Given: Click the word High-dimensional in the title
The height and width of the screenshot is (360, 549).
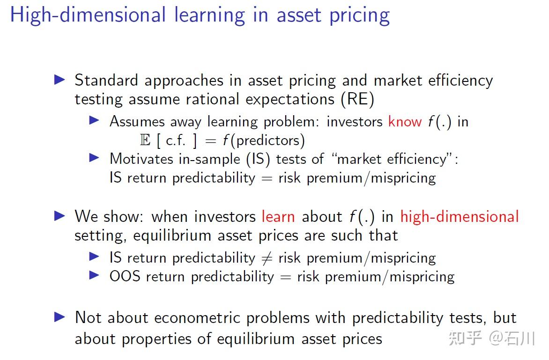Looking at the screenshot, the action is [88, 15].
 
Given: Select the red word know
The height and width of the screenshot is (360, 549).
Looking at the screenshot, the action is [405, 121].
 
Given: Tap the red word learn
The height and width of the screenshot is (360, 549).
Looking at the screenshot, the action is [278, 217].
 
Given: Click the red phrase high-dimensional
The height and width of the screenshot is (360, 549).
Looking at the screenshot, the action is [460, 217].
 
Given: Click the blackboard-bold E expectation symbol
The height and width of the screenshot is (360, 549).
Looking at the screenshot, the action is [145, 140].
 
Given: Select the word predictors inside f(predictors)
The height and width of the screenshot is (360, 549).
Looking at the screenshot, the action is [268, 140].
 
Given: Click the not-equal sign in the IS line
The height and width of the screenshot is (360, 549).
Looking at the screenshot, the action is [267, 258].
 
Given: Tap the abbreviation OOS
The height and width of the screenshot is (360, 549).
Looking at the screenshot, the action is [125, 276].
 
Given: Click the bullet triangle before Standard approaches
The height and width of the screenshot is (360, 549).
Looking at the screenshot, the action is [60, 80].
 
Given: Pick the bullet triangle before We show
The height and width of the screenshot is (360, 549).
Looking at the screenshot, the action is [60, 216].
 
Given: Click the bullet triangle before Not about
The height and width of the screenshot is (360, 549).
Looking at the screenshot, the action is [60, 317].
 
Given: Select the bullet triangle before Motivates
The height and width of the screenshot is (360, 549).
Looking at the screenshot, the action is [94, 158].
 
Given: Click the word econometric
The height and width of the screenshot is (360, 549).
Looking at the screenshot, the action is [197, 318].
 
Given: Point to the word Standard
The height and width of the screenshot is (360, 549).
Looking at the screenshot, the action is [106, 80].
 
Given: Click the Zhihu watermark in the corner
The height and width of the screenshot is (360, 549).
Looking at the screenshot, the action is [491, 338].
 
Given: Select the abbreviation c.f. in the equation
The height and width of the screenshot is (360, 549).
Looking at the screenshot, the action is [175, 140].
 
